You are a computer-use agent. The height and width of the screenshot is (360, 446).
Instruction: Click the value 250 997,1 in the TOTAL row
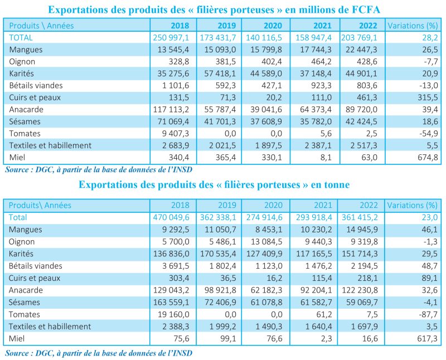coord(172,37)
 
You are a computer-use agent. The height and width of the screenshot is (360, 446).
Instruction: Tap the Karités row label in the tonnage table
coord(22,254)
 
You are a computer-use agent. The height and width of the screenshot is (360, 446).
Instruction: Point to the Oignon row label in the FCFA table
coord(21,61)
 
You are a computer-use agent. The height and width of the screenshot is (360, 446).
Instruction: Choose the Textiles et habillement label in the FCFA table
coord(50,145)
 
